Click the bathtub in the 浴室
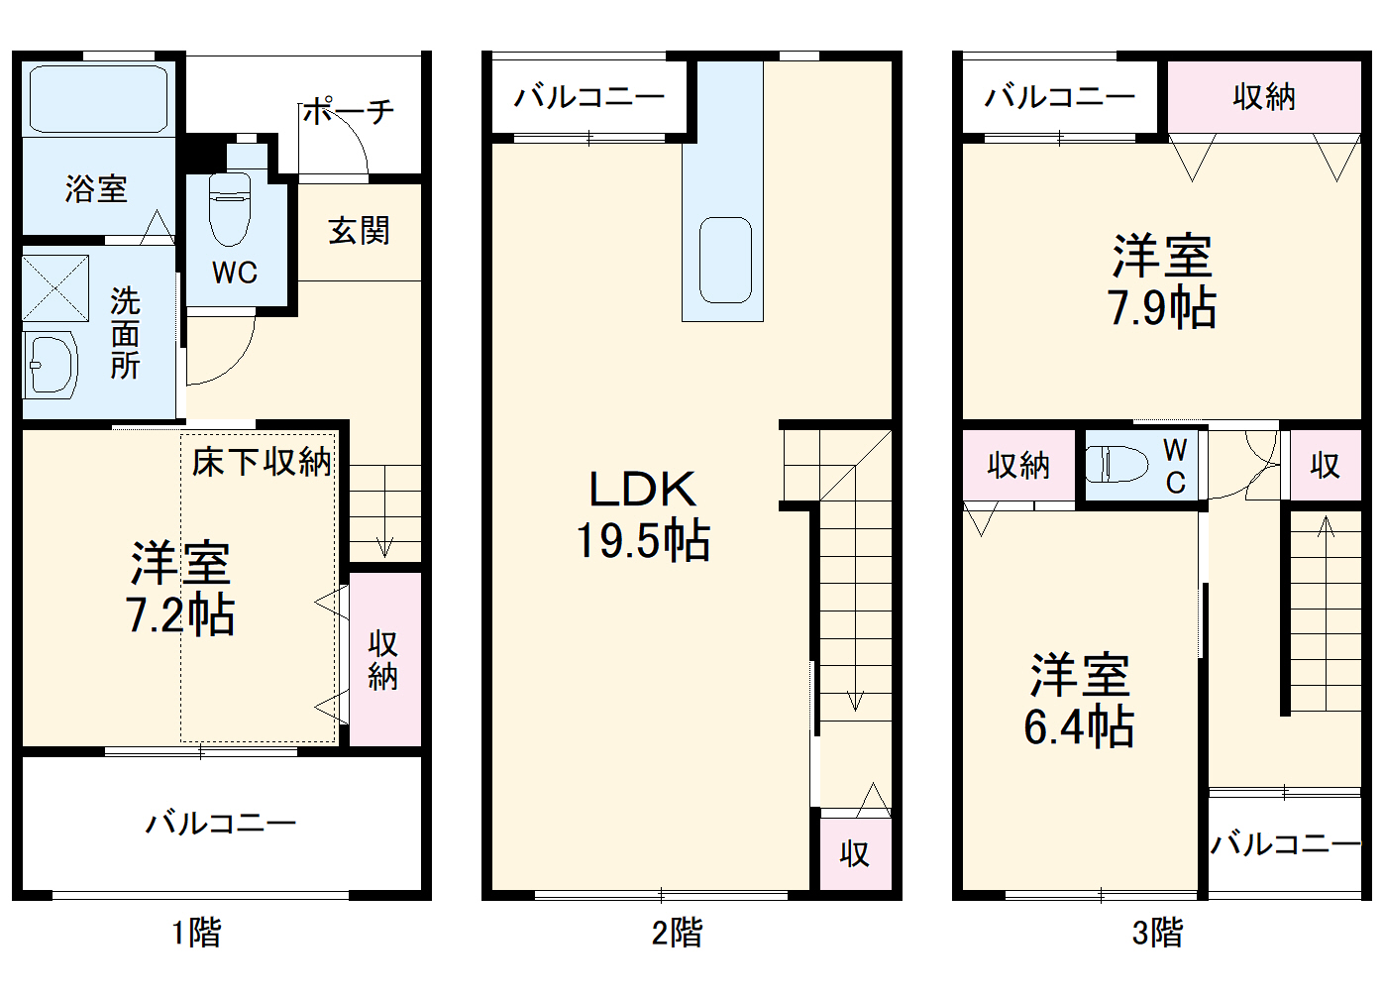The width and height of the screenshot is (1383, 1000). pyautogui.click(x=98, y=98)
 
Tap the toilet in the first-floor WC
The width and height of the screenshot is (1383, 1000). pyautogui.click(x=230, y=209)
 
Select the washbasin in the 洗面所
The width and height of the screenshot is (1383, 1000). pyautogui.click(x=51, y=365)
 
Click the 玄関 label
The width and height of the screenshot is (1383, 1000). pyautogui.click(x=359, y=231)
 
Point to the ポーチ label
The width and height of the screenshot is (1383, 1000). pyautogui.click(x=349, y=110)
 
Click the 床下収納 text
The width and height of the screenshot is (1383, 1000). pyautogui.click(x=262, y=461)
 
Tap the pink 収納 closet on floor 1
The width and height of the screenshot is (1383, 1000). pyautogui.click(x=384, y=659)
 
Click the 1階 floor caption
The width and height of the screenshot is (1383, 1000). pyautogui.click(x=196, y=932)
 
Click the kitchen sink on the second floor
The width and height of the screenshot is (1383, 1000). pyautogui.click(x=725, y=260)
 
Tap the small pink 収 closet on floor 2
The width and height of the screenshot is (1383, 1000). pyautogui.click(x=854, y=852)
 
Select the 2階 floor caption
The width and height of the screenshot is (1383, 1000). pyautogui.click(x=677, y=932)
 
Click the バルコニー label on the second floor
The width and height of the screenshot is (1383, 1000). pyautogui.click(x=589, y=97)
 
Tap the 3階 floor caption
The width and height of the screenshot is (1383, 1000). pyautogui.click(x=1157, y=932)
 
